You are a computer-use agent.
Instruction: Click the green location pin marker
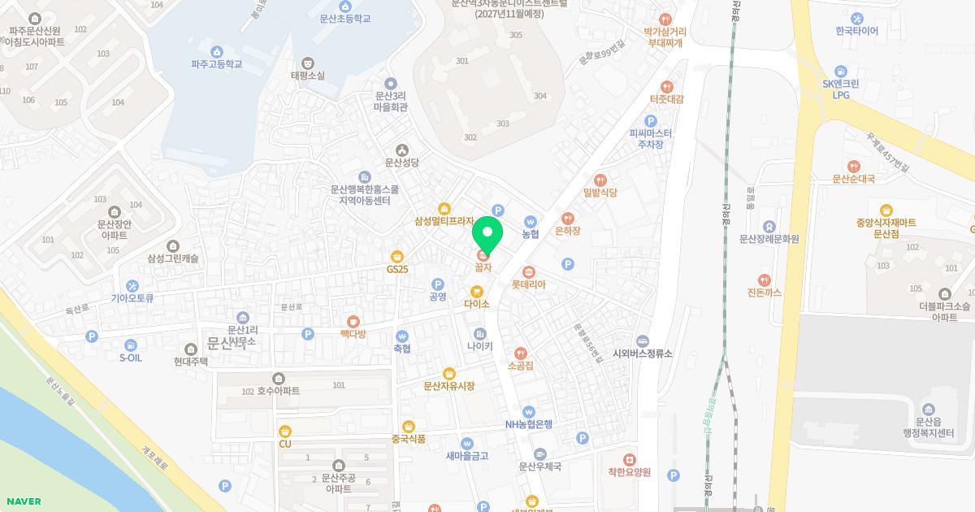tap(487, 234)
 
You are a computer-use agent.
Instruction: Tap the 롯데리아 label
tap(528, 284)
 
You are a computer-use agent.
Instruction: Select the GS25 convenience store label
tap(397, 269)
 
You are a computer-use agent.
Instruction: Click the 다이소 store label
tap(477, 304)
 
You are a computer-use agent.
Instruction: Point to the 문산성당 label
tap(401, 163)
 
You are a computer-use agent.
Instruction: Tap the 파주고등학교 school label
tap(217, 63)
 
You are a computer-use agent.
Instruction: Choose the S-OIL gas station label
tap(130, 358)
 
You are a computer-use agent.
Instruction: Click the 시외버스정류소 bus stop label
tap(643, 354)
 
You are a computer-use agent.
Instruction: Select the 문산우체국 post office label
tap(540, 466)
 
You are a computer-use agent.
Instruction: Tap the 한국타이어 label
tap(856, 31)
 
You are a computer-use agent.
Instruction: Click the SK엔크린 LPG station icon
tap(841, 71)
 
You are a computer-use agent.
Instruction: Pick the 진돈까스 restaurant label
tap(764, 292)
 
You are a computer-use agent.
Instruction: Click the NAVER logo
tap(22, 501)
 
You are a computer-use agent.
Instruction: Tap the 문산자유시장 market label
tap(448, 386)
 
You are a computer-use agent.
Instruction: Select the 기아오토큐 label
tap(132, 297)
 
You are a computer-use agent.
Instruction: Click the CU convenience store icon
tap(284, 431)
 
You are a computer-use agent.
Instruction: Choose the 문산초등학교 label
tap(344, 18)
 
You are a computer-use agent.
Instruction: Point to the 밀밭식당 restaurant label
tap(600, 193)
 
